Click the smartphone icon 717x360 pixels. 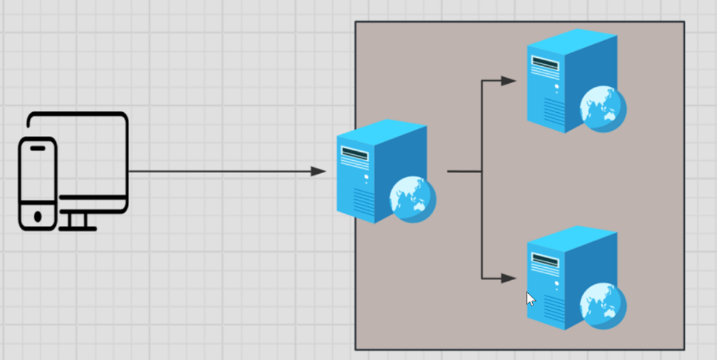click(x=38, y=184)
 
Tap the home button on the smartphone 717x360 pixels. click(x=38, y=216)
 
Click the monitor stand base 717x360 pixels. click(x=77, y=228)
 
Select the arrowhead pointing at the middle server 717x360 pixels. click(x=318, y=171)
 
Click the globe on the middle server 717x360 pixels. click(x=413, y=199)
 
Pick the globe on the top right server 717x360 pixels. click(x=603, y=108)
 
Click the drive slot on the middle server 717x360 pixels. click(x=355, y=154)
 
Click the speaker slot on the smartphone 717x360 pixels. click(x=38, y=148)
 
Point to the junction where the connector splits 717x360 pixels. click(x=481, y=172)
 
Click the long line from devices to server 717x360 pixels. click(x=221, y=172)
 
